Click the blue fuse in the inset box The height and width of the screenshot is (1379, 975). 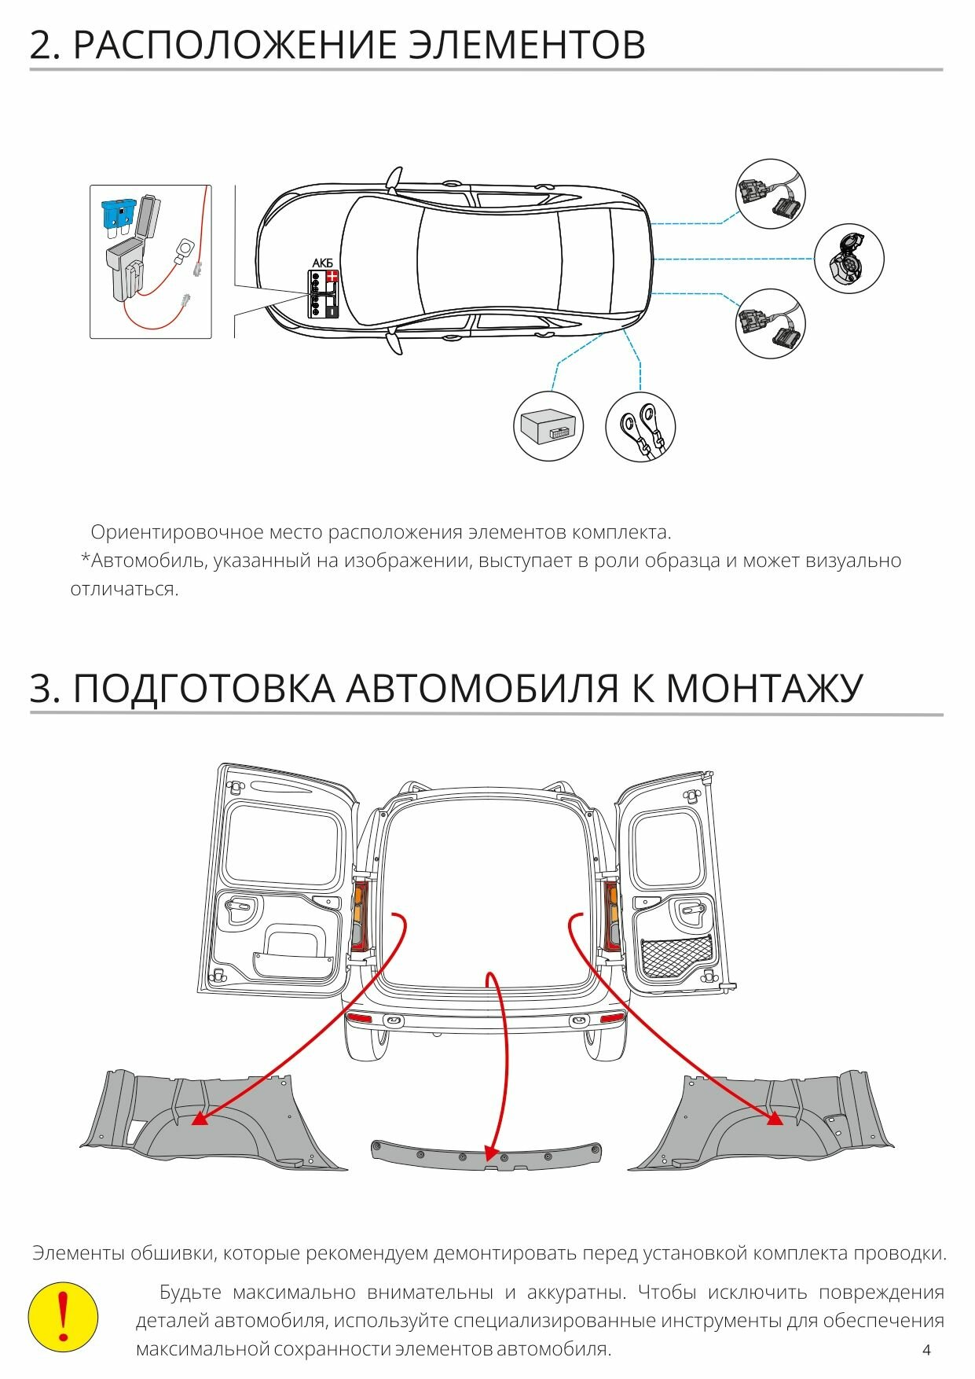[x=119, y=213]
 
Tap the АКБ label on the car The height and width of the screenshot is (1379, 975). [x=323, y=263]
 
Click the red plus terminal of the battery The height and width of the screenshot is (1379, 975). [x=332, y=277]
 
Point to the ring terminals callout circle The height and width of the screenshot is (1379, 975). [x=640, y=427]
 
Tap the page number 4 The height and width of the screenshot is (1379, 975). [x=926, y=1350]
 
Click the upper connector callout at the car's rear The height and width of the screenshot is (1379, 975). [x=771, y=194]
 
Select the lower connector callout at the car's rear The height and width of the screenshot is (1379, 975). [x=771, y=323]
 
